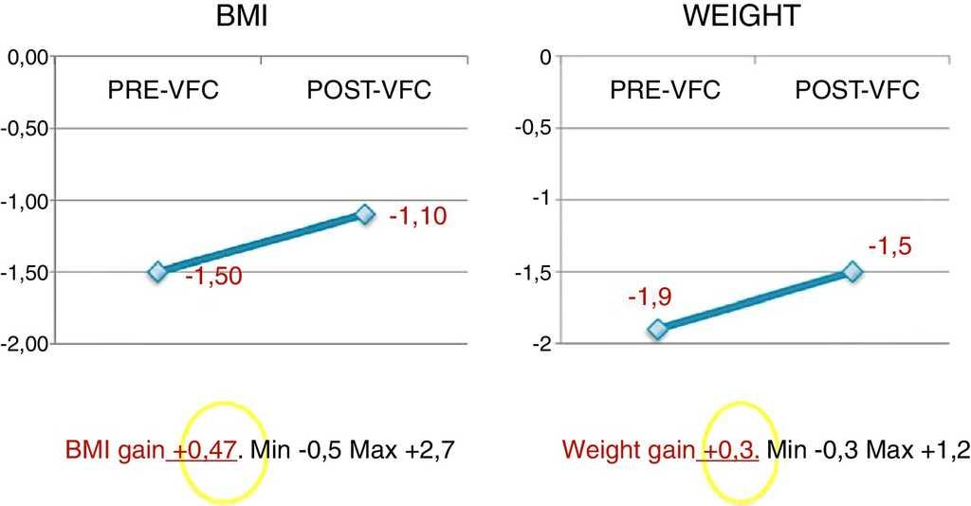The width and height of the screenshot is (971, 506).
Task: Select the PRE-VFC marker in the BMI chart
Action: point(157,272)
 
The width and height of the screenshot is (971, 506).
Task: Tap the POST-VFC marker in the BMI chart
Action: point(365,214)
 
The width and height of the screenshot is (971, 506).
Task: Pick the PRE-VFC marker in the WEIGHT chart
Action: point(657,329)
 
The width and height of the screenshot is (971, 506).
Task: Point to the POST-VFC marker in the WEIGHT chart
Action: point(852,272)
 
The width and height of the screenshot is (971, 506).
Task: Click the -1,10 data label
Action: point(417,217)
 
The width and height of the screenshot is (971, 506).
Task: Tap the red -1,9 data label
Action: point(650,298)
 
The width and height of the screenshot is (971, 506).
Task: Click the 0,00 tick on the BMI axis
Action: point(28,58)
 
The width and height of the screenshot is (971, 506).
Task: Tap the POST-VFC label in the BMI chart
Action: point(369,92)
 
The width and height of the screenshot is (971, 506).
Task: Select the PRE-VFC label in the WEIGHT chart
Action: point(665,92)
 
